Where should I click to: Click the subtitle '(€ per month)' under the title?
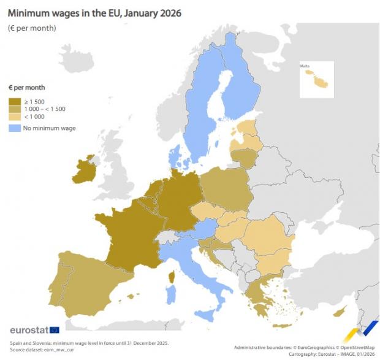(x=32, y=28)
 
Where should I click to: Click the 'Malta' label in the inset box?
(x=305, y=66)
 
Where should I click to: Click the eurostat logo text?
(x=28, y=331)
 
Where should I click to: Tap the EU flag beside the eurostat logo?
(x=54, y=331)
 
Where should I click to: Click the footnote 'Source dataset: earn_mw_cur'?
(x=39, y=349)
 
